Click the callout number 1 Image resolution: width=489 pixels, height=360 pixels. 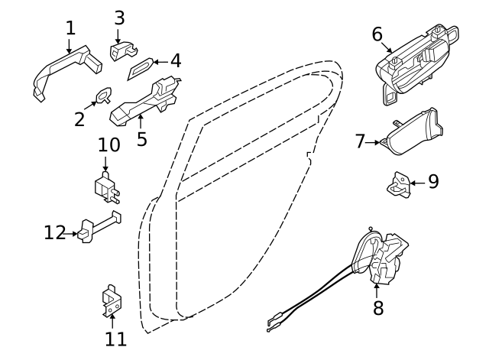(x=71, y=28)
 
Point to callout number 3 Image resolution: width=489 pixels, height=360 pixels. (x=119, y=18)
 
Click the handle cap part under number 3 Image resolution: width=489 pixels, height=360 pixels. (x=123, y=50)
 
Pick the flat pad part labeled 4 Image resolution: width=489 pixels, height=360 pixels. (x=141, y=69)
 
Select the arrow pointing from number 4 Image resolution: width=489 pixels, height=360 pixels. (x=161, y=62)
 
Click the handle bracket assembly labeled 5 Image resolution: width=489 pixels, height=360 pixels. (x=145, y=102)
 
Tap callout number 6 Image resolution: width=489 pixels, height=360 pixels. (x=377, y=34)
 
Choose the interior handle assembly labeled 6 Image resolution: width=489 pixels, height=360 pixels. (x=416, y=64)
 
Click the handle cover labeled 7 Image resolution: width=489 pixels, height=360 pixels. (x=413, y=132)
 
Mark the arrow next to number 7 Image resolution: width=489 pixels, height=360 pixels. (x=373, y=143)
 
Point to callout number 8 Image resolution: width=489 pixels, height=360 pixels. (x=378, y=308)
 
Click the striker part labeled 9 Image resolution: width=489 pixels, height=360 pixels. (x=399, y=185)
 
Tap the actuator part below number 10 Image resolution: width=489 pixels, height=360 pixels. (x=106, y=187)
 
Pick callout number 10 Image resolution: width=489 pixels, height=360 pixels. (x=108, y=144)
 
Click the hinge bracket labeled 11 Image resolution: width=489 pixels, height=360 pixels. (x=112, y=301)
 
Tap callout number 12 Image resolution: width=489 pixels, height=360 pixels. (x=55, y=232)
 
